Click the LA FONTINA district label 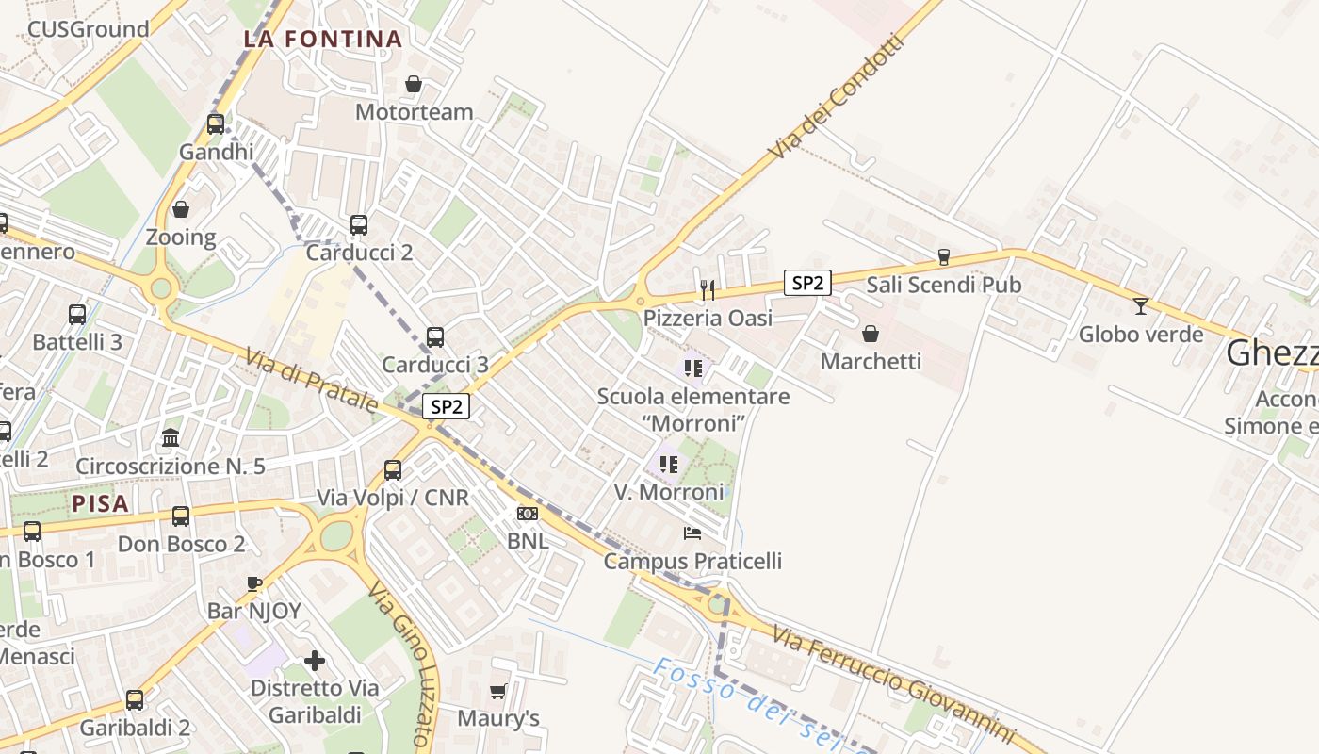[x=323, y=40]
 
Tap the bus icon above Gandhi [x=215, y=123]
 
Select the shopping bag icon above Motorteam [x=413, y=85]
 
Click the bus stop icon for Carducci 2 [x=359, y=224]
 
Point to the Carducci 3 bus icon [x=435, y=336]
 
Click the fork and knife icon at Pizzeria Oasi [x=708, y=289]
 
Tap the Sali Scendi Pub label [x=943, y=285]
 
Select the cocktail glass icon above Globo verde [x=1141, y=305]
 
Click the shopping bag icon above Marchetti [x=871, y=334]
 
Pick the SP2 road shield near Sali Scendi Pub [x=807, y=282]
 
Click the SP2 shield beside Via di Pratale [x=446, y=406]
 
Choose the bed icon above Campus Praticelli [x=692, y=533]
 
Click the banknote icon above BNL [x=528, y=514]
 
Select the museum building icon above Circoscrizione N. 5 [x=171, y=437]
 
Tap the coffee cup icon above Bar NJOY [x=253, y=583]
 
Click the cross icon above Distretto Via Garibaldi [x=315, y=661]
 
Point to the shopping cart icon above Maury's [x=498, y=691]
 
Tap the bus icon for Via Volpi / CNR [x=393, y=469]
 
